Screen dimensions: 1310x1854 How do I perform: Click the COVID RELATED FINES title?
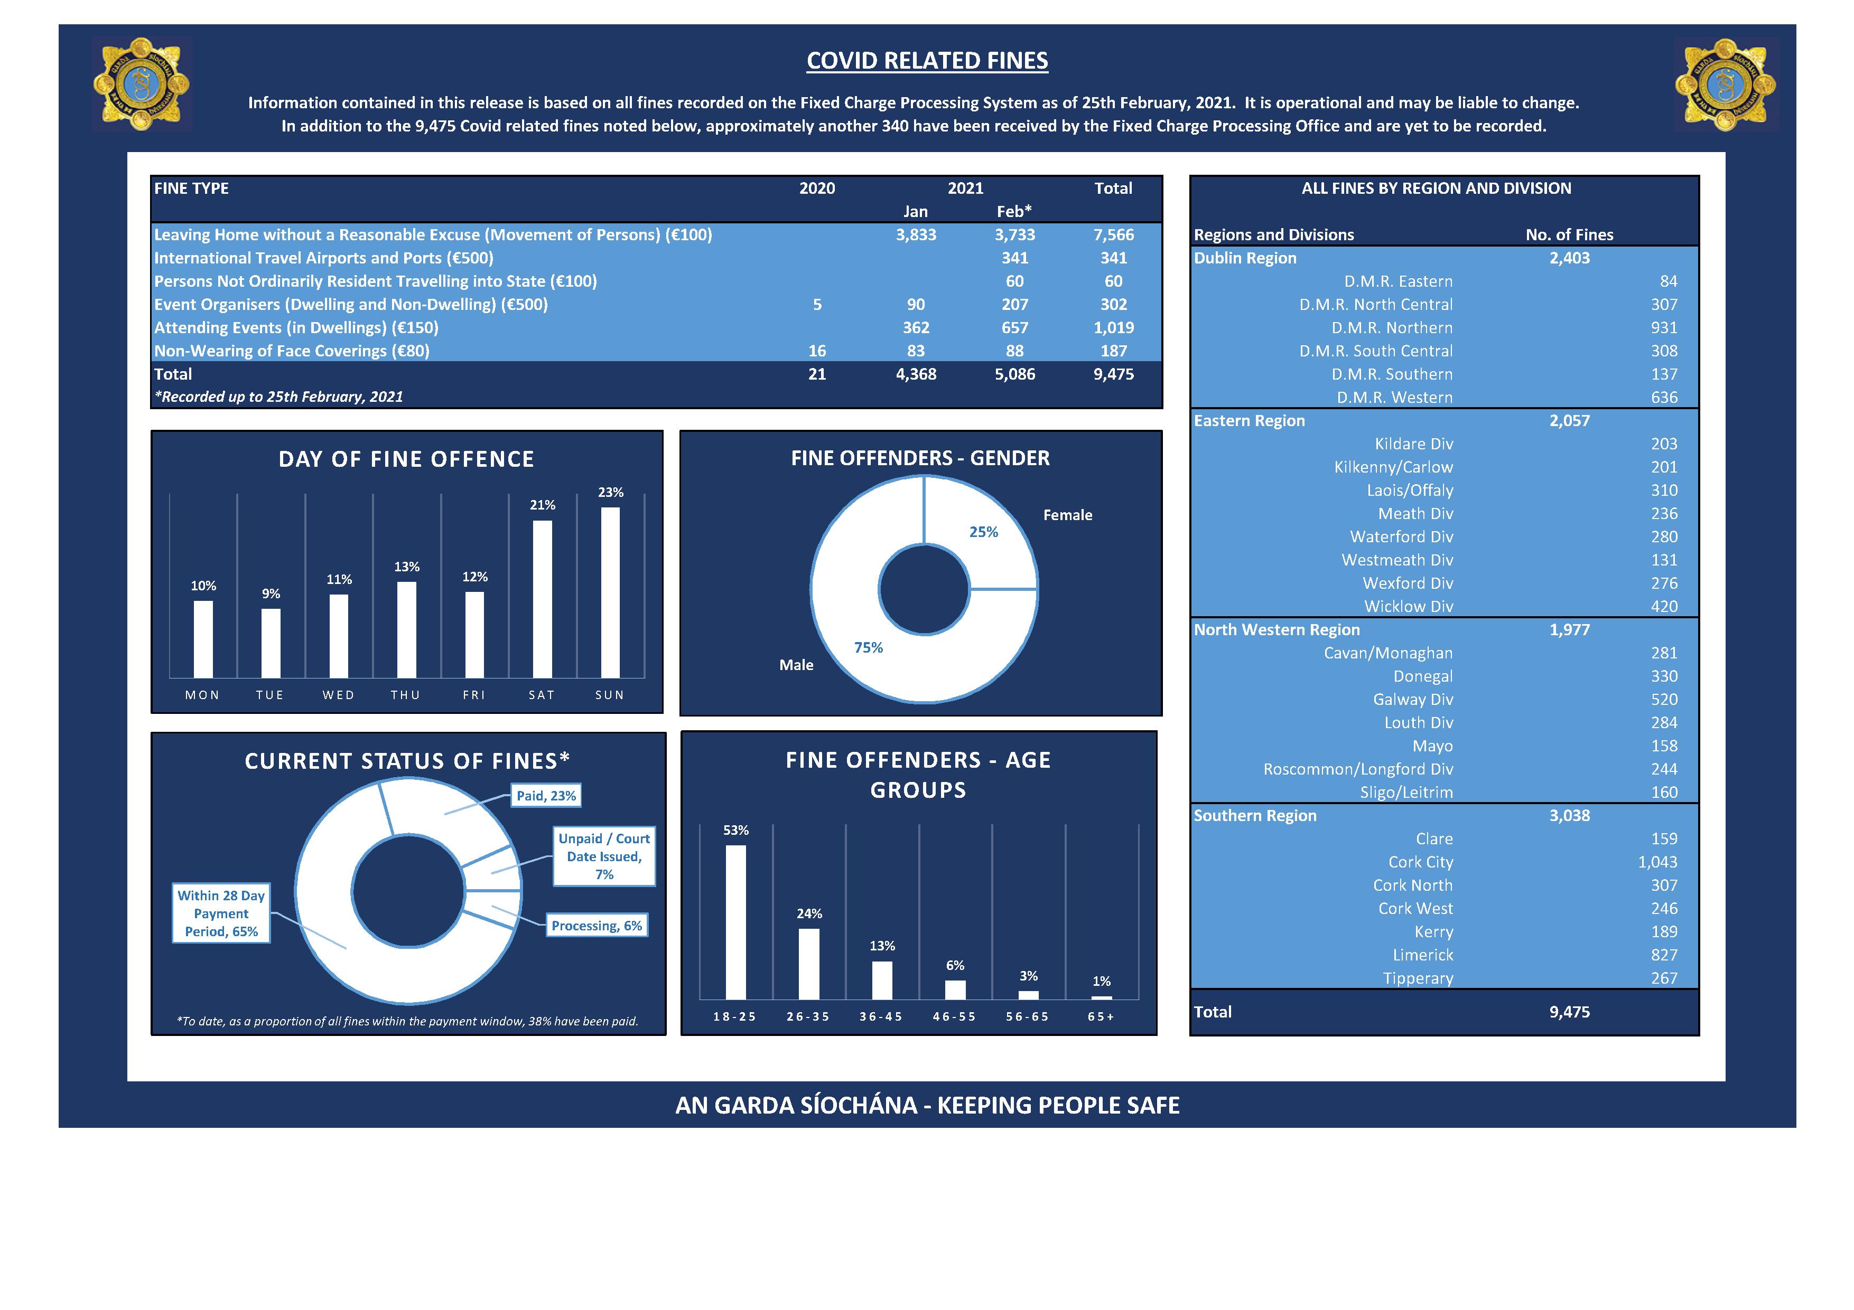[927, 61]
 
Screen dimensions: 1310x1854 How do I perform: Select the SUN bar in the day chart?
[610, 592]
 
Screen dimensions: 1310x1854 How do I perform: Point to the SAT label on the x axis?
[542, 695]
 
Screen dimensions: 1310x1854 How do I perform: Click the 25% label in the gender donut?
[983, 532]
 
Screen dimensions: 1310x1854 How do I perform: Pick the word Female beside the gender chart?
[1067, 515]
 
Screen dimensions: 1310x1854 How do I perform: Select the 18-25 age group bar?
[735, 922]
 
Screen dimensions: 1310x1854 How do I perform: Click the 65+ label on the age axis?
[1101, 1017]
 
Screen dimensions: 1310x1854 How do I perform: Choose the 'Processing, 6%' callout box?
[597, 926]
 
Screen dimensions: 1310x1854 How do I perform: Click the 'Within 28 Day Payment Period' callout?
[221, 913]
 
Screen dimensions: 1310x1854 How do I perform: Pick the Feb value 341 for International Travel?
[1015, 258]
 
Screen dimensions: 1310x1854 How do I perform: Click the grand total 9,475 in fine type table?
[1114, 374]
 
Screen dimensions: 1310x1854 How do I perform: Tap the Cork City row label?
[1420, 862]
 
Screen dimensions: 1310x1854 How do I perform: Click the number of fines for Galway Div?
[1664, 700]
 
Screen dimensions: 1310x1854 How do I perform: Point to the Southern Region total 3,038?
[1569, 815]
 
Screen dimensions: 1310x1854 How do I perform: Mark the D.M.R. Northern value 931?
[1664, 328]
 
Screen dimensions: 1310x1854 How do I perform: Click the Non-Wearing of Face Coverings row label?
[292, 351]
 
